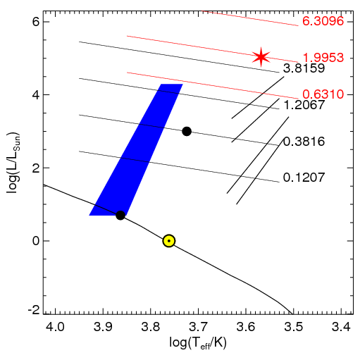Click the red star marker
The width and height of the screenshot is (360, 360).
[261, 57]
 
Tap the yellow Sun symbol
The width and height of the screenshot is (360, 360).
[169, 241]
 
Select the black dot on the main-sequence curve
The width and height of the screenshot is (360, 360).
[120, 215]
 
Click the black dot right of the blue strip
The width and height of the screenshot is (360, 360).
[187, 131]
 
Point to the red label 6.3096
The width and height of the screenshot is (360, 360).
[323, 21]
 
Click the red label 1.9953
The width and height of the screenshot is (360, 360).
[323, 58]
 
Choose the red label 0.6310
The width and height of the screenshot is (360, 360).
[323, 94]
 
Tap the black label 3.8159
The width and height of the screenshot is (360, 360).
[304, 68]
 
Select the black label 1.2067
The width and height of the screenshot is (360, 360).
[304, 105]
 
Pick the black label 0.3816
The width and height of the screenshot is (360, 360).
[304, 142]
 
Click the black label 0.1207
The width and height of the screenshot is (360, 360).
[304, 178]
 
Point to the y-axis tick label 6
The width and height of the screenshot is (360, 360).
[36, 22]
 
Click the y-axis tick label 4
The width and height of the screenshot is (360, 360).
[36, 95]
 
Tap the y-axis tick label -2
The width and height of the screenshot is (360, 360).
[34, 310]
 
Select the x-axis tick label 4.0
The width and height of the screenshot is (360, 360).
[56, 327]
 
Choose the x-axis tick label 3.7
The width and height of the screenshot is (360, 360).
[198, 327]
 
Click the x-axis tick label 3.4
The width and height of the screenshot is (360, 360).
[341, 327]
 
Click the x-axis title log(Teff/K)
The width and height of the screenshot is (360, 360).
[198, 343]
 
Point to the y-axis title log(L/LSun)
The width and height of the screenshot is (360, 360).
[13, 163]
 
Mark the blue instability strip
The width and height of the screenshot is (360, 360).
[136, 149]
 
